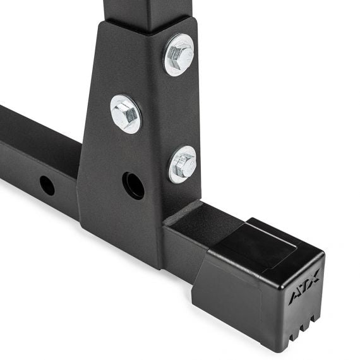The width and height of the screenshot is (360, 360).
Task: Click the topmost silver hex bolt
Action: click(x=179, y=54)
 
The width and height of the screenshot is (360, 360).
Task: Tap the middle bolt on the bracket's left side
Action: click(x=126, y=114)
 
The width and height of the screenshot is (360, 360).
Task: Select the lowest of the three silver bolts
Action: click(x=183, y=164)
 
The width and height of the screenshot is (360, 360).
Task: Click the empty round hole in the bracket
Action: click(x=133, y=186)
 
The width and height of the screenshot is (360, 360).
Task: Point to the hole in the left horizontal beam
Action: click(x=47, y=185)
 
